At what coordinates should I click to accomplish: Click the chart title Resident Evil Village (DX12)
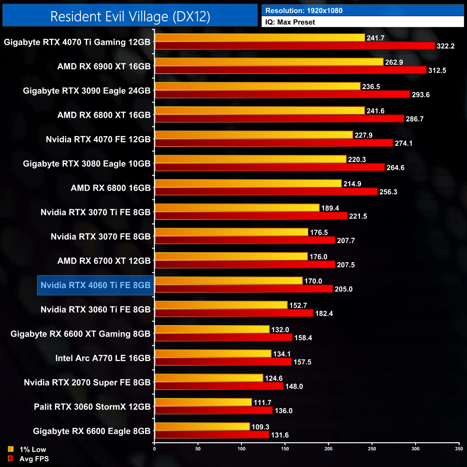(x=130, y=17)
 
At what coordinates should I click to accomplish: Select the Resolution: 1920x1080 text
(x=304, y=11)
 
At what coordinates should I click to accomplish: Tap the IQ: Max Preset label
(x=290, y=22)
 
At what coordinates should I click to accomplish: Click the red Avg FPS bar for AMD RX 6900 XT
(x=290, y=70)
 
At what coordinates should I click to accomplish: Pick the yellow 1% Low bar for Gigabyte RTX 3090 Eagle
(x=258, y=87)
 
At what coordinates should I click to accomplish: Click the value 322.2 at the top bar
(x=445, y=46)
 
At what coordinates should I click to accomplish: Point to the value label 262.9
(x=394, y=62)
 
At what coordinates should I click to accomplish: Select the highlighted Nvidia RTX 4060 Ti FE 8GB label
(x=96, y=285)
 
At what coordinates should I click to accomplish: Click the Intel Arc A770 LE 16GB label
(x=103, y=358)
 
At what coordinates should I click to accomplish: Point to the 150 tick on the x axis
(x=285, y=449)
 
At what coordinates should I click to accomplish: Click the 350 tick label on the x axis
(x=459, y=449)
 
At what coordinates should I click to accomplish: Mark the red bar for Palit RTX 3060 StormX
(x=214, y=410)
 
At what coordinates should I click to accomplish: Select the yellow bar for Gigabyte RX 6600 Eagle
(x=202, y=427)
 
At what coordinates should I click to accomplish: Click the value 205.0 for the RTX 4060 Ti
(x=343, y=289)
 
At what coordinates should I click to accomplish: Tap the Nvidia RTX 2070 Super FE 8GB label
(x=87, y=383)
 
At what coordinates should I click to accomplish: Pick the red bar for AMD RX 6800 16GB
(x=266, y=191)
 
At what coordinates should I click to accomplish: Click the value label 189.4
(x=330, y=208)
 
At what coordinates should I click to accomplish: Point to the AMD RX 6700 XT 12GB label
(x=104, y=261)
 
